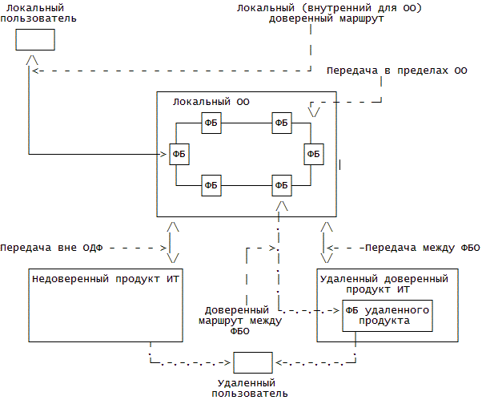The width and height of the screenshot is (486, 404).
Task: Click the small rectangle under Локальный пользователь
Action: [x=35, y=40]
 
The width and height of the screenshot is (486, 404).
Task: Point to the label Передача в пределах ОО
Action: [x=396, y=71]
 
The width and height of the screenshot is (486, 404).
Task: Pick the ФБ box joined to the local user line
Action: [x=179, y=153]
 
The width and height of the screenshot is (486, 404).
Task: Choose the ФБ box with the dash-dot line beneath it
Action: [x=281, y=185]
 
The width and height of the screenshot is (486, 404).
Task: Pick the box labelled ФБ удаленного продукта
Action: [x=387, y=315]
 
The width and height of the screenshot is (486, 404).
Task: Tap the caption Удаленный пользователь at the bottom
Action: [x=252, y=388]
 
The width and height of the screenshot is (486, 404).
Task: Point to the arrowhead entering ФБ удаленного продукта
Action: [x=337, y=309]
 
